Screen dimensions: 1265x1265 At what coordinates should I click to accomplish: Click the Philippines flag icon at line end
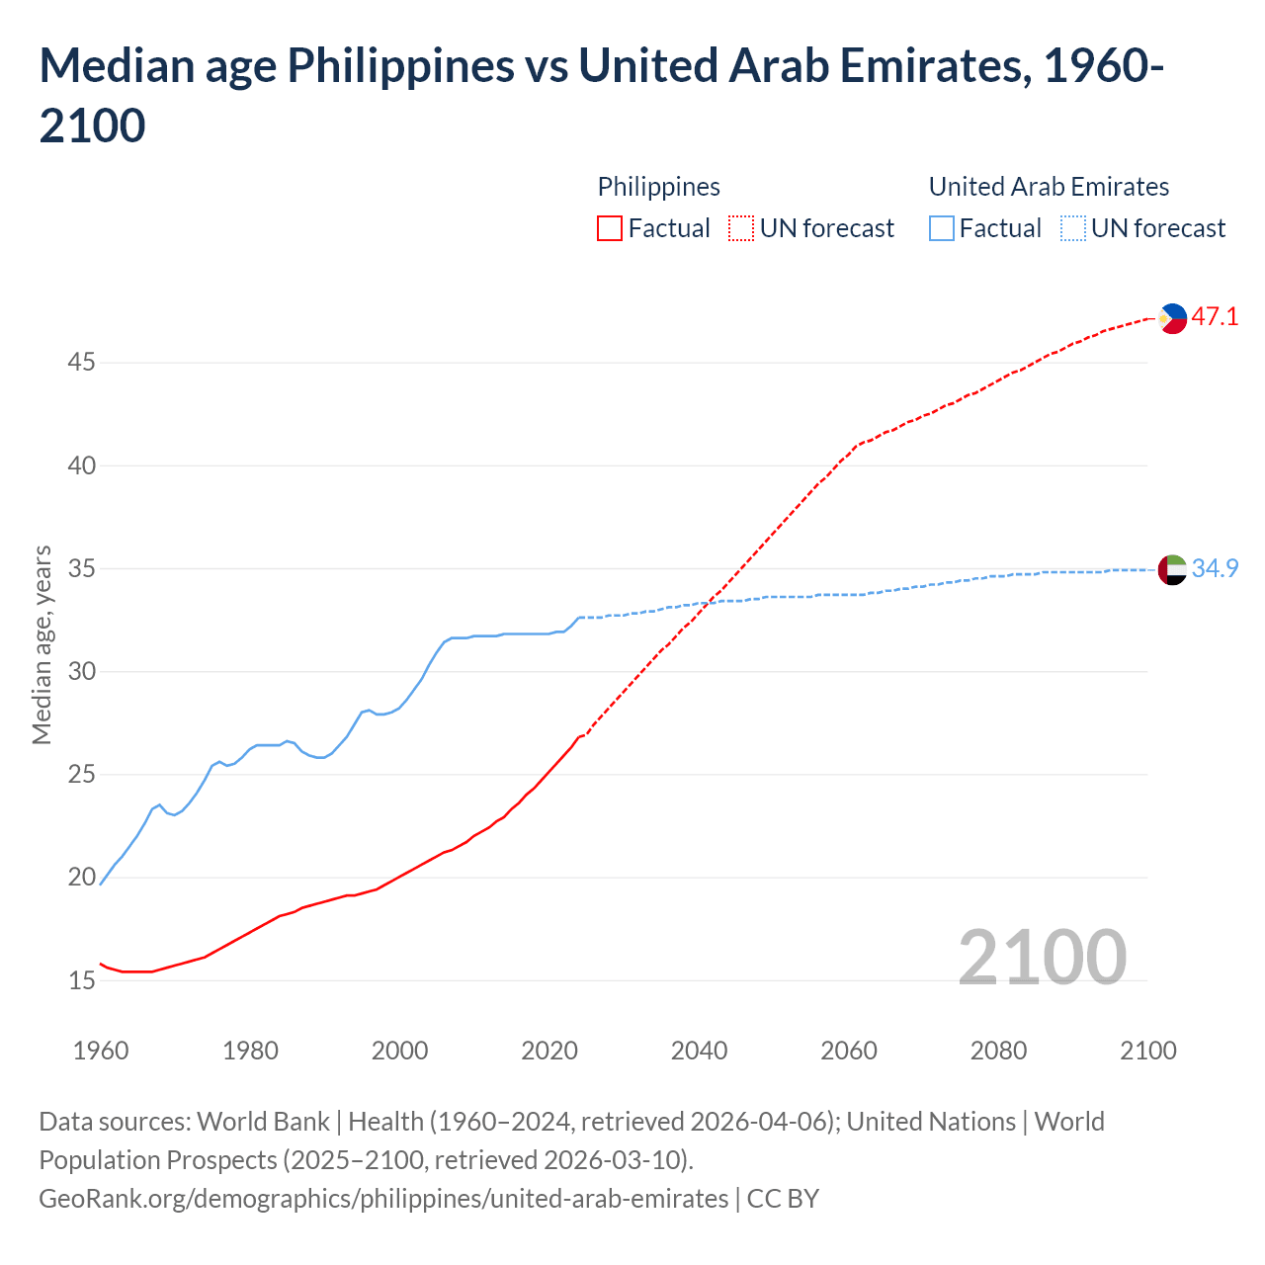point(1172,317)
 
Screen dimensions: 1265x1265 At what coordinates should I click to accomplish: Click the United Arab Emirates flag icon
point(1172,569)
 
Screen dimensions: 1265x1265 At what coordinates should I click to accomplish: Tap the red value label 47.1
point(1215,317)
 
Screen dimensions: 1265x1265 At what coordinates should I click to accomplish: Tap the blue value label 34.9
point(1215,569)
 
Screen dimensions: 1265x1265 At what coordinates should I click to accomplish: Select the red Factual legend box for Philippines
point(610,228)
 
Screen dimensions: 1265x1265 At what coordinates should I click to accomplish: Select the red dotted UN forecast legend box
point(741,228)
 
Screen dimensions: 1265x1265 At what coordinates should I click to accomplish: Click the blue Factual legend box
point(942,228)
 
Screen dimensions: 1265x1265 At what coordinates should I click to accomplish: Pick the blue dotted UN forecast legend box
point(1073,228)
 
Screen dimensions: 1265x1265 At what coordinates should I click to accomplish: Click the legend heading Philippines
point(658,187)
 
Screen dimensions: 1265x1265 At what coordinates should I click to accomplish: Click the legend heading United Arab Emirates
point(1049,187)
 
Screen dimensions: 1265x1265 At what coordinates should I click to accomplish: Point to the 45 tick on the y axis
point(81,363)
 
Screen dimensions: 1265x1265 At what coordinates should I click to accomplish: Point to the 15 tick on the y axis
point(81,980)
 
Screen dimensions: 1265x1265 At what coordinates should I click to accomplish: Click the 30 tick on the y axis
point(81,672)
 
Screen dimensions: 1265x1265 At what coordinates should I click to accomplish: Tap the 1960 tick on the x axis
point(101,1050)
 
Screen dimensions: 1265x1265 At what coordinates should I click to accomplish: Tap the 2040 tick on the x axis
point(699,1050)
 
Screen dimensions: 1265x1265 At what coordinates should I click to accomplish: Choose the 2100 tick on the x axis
point(1148,1050)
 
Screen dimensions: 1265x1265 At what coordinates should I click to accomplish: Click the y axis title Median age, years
point(42,644)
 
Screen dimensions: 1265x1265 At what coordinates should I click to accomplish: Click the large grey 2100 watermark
point(1042,957)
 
